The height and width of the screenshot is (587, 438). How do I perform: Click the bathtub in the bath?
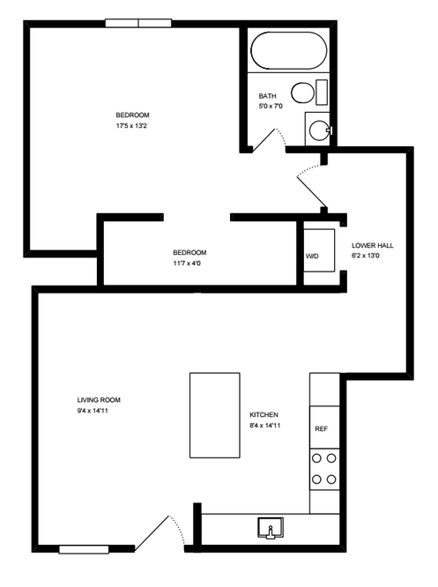click(288, 50)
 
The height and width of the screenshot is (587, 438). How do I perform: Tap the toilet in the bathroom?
click(304, 93)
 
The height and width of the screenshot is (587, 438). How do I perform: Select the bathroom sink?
click(318, 130)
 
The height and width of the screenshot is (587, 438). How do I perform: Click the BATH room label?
click(268, 96)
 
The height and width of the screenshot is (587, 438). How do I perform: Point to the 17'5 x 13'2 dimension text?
click(133, 126)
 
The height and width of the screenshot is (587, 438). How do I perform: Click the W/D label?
click(312, 256)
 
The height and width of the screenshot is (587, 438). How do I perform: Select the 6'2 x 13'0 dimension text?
click(369, 256)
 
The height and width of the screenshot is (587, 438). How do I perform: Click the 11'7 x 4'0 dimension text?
click(189, 263)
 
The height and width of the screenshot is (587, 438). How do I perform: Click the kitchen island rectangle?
click(214, 414)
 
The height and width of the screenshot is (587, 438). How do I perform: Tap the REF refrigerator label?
click(321, 429)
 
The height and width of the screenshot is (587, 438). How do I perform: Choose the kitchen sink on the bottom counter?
click(270, 527)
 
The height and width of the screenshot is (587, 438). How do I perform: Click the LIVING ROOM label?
click(98, 399)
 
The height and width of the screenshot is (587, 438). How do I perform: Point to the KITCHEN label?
click(264, 415)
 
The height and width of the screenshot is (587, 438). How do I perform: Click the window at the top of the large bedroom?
click(137, 23)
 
